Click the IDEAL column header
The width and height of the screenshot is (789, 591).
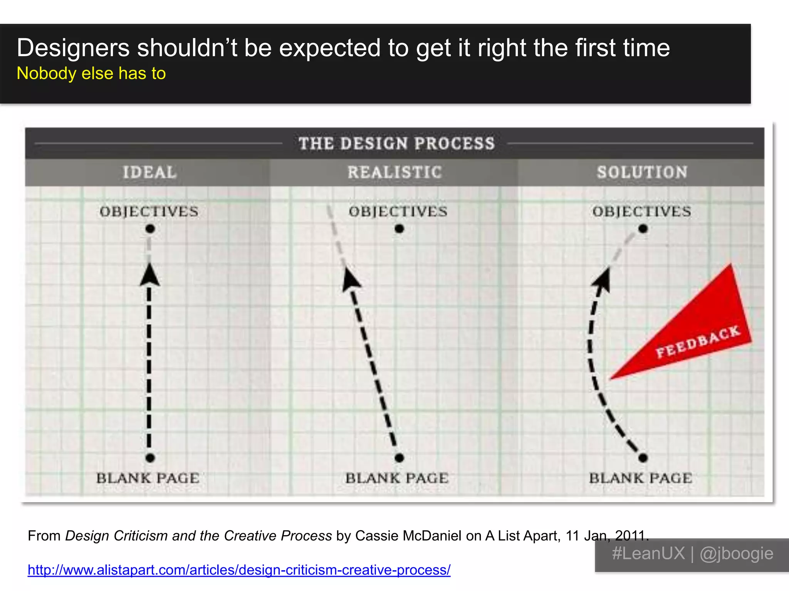pos(149,172)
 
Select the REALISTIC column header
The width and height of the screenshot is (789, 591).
pos(394,172)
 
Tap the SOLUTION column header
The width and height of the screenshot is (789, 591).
pos(642,172)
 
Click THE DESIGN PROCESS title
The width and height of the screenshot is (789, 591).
pos(396,144)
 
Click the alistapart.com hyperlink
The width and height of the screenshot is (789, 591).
pos(239,570)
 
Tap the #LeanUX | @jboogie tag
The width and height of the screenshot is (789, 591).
pos(692,554)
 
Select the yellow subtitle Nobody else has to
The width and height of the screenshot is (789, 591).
pos(91,73)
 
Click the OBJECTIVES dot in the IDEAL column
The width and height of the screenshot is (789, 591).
pos(150,229)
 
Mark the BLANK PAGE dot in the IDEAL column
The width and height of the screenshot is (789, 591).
pos(150,458)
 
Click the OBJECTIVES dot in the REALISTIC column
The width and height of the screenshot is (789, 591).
pos(400,229)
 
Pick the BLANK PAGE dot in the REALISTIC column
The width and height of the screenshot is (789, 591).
pos(400,458)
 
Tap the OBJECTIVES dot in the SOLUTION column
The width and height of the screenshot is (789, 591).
pos(643,229)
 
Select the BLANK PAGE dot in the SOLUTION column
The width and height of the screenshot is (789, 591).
pos(643,458)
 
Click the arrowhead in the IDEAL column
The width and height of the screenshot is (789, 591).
pos(149,275)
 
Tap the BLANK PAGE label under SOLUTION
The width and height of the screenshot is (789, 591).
pos(641,478)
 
